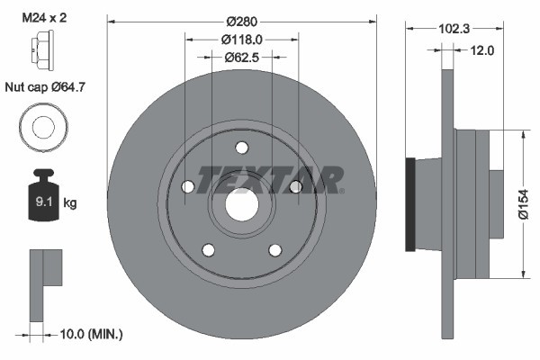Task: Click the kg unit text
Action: (x=70, y=204)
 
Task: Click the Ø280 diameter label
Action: (x=241, y=21)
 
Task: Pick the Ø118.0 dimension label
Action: (x=241, y=39)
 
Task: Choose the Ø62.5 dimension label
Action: (x=241, y=57)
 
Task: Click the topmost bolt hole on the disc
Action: (x=241, y=148)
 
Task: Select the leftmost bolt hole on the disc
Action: (x=188, y=187)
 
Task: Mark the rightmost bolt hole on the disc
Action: (x=294, y=187)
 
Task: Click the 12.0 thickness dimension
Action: (x=482, y=50)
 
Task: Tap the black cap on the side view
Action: (x=410, y=205)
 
